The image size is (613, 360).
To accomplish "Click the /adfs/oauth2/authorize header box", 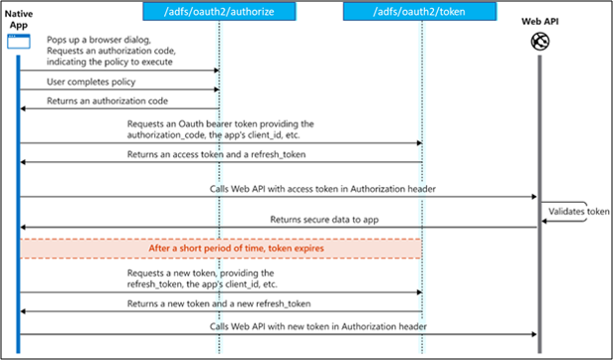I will (219, 12).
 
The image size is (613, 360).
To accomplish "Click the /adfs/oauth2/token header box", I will (420, 12).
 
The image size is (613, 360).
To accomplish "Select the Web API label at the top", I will (539, 20).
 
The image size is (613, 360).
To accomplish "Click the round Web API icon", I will (540, 41).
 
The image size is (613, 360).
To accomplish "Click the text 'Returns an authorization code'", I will (100, 100).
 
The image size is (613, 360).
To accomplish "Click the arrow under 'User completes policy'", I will (119, 90).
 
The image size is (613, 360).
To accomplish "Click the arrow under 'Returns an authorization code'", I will (119, 110).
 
